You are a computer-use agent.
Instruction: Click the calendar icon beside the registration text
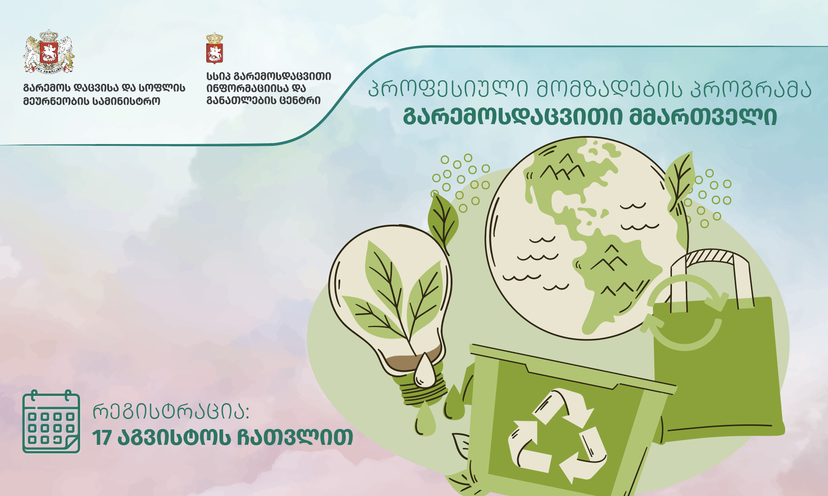point(51,421)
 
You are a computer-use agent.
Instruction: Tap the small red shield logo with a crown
point(214,48)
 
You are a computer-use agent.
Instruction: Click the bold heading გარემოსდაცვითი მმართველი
point(590,117)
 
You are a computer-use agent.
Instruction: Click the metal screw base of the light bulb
point(423,392)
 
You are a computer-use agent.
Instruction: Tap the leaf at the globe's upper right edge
point(680,181)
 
